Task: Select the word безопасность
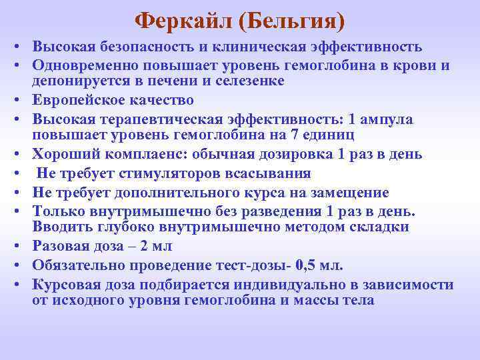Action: click(135, 47)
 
